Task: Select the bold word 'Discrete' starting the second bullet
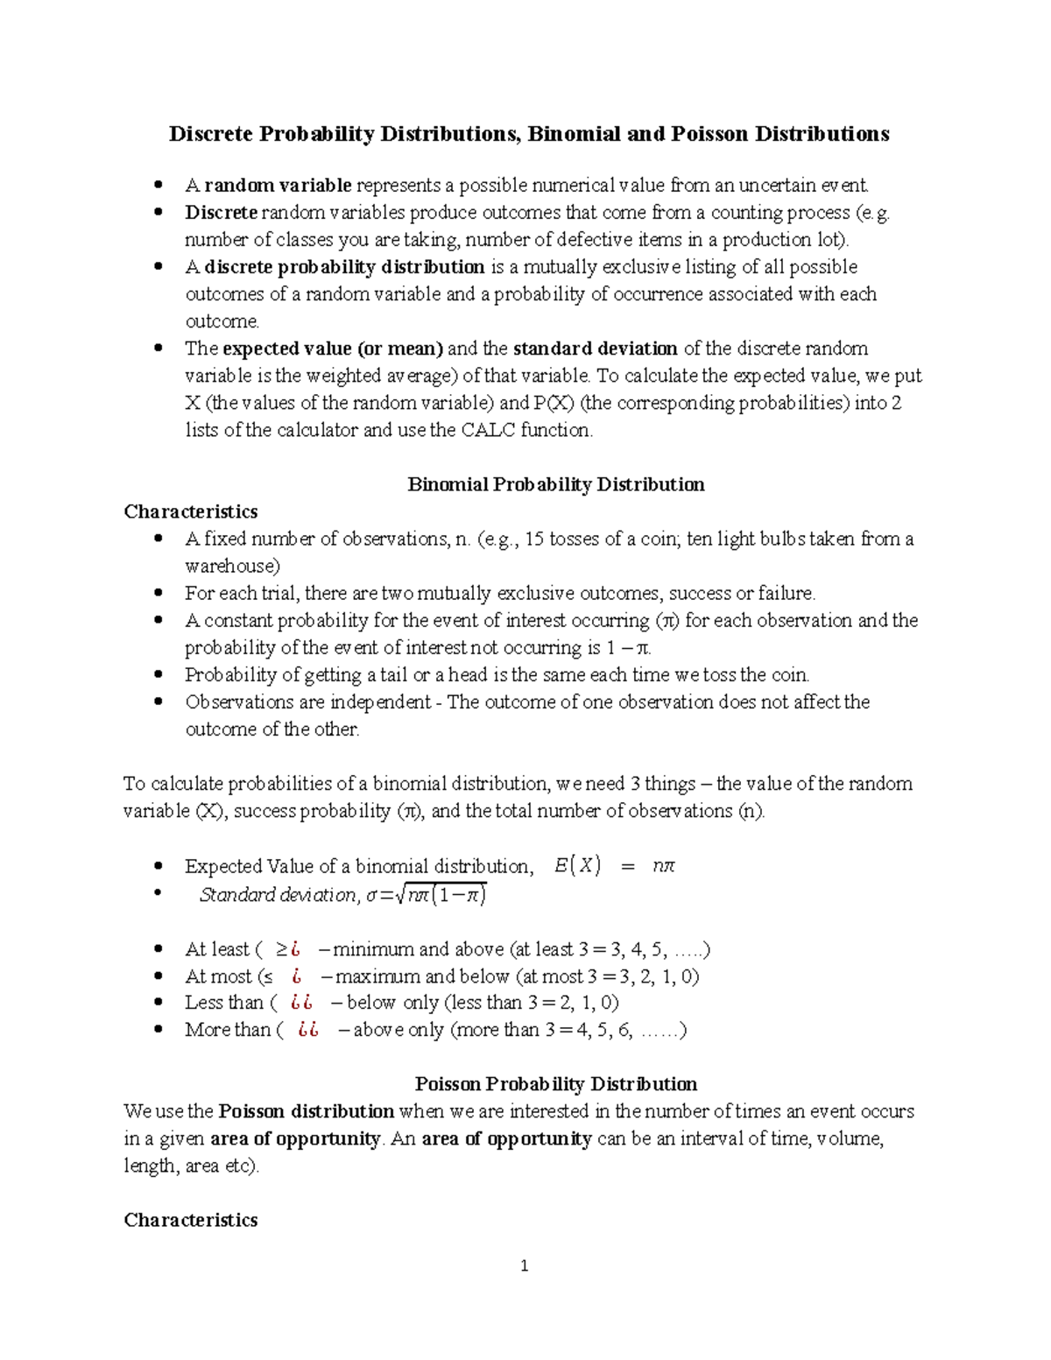[x=221, y=213]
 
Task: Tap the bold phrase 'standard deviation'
[x=595, y=349]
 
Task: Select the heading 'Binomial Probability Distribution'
[x=555, y=484]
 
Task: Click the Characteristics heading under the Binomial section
[x=191, y=511]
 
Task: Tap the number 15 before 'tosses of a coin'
[x=533, y=539]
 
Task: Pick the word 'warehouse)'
[x=232, y=567]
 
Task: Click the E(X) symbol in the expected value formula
[x=577, y=866]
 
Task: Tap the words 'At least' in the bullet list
[x=216, y=949]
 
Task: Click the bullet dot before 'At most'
[x=159, y=976]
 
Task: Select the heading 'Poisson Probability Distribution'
[x=555, y=1084]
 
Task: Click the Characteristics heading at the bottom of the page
[x=191, y=1220]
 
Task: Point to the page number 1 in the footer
[x=524, y=1266]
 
